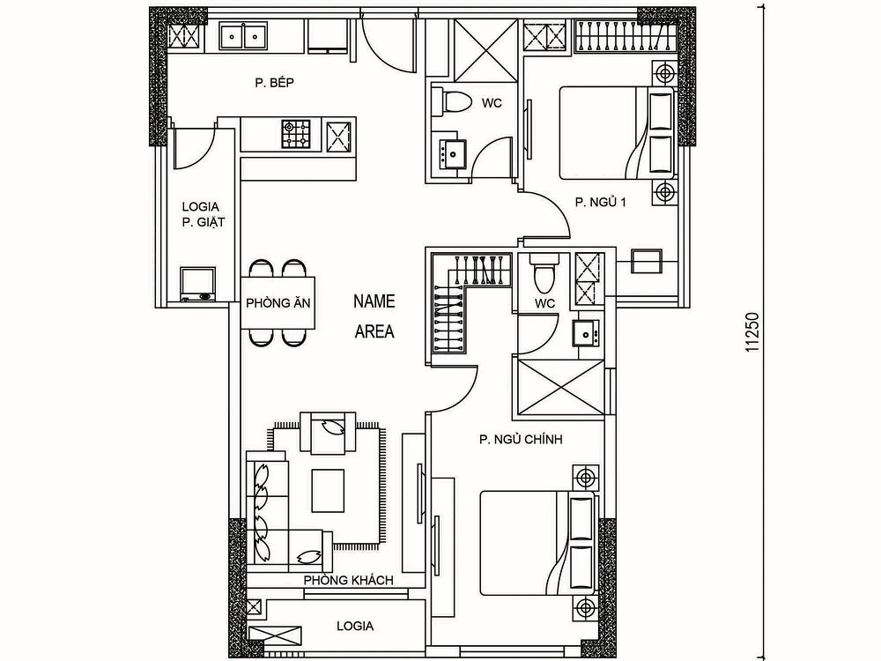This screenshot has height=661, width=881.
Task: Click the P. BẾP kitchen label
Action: [274, 83]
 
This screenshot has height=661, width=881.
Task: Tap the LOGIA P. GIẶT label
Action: [201, 215]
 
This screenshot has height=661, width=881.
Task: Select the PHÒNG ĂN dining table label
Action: [278, 303]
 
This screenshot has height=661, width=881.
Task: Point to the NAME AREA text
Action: [374, 316]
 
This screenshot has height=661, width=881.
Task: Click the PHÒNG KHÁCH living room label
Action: [348, 580]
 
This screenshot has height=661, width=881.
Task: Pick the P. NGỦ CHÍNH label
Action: [521, 440]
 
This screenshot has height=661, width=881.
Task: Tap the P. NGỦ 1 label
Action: [600, 202]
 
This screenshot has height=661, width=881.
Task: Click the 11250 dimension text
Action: [752, 332]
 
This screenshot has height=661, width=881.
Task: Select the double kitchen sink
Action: [242, 37]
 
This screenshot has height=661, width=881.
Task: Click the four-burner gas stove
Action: [296, 134]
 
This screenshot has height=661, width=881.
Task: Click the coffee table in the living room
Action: [328, 491]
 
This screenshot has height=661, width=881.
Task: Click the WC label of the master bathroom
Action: [544, 303]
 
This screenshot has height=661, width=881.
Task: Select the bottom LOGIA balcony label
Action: [355, 626]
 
